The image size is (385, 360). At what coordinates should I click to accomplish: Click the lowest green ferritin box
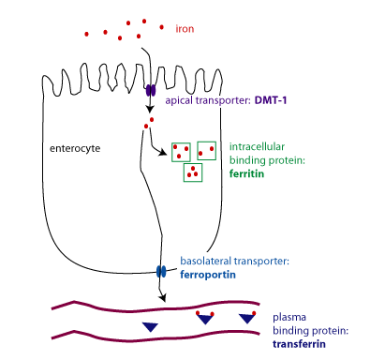pyautogui.click(x=193, y=171)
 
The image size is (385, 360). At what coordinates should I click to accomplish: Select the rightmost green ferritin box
pyautogui.click(x=206, y=151)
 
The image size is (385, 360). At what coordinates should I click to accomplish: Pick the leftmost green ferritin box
pyautogui.click(x=181, y=151)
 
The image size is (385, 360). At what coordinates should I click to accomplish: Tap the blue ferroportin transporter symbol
pyautogui.click(x=161, y=271)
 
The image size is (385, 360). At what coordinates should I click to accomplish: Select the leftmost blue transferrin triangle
pyautogui.click(x=150, y=326)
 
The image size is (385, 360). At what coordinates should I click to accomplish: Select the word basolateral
pyautogui.click(x=206, y=261)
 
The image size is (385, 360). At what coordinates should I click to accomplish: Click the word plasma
pyautogui.click(x=289, y=318)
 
